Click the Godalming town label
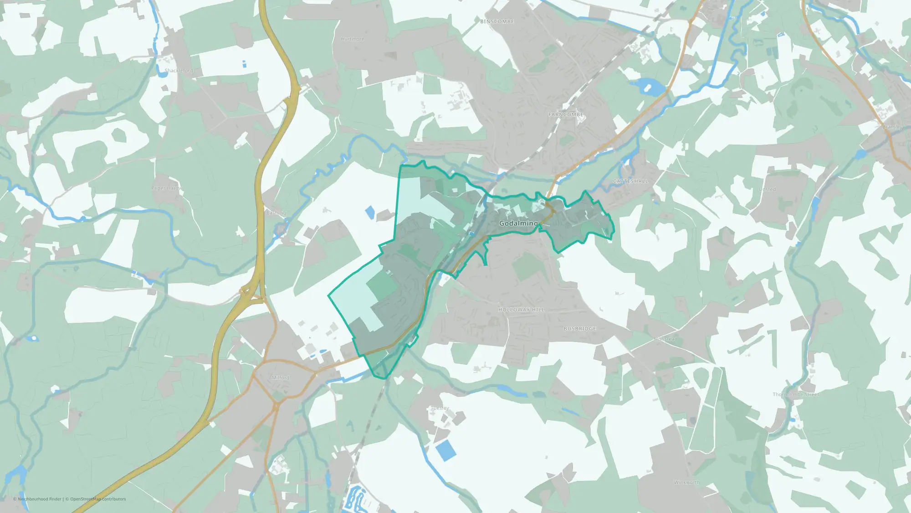[518, 223]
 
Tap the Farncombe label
[566, 114]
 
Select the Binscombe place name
[497, 21]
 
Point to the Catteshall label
[630, 181]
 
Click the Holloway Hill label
[521, 310]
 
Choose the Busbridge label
[580, 328]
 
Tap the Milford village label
[281, 378]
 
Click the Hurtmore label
[353, 39]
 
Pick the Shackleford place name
[179, 71]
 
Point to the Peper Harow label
[166, 188]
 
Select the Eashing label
[276, 213]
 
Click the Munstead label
[665, 339]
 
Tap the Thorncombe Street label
[795, 394]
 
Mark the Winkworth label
[686, 482]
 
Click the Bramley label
[892, 127]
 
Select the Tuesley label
[440, 408]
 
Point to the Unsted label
[768, 189]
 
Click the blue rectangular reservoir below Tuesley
[446, 451]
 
